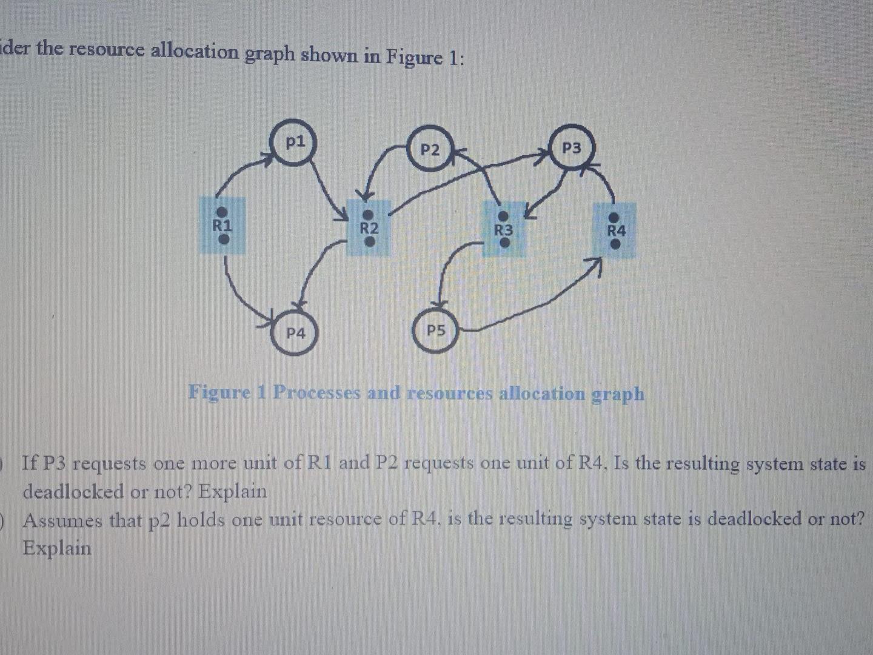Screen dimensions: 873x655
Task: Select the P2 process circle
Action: click(430, 150)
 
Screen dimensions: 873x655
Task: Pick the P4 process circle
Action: click(295, 333)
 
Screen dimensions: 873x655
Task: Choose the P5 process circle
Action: click(436, 331)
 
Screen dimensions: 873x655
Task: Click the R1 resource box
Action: click(222, 226)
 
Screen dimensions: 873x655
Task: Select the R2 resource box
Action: click(369, 229)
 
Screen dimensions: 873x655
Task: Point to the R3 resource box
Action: click(503, 230)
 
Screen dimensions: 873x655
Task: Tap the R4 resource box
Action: click(615, 230)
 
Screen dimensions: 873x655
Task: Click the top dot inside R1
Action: click(222, 212)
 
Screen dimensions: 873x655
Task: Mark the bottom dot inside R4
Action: click(615, 244)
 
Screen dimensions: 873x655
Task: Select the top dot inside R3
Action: click(503, 217)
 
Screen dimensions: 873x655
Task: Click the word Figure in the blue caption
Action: click(219, 392)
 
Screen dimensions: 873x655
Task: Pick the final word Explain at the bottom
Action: click(57, 548)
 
